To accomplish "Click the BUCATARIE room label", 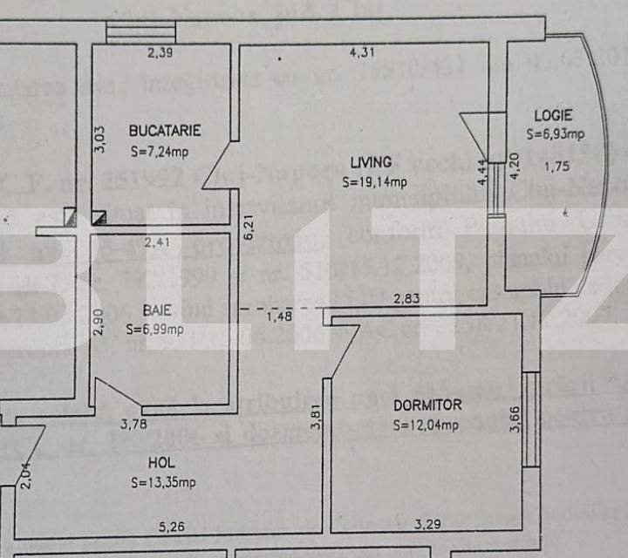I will [x=165, y=131].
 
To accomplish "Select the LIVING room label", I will [x=372, y=161].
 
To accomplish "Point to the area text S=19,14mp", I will [x=374, y=182].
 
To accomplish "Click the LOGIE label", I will [x=554, y=114].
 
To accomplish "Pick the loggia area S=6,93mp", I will [x=555, y=134].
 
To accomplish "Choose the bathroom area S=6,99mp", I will [x=155, y=329].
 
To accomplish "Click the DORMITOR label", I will [x=427, y=405].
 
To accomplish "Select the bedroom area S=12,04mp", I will [x=427, y=425].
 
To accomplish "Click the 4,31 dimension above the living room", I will [x=362, y=53].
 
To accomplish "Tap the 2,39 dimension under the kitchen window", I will [x=160, y=53].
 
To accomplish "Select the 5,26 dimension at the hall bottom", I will [x=171, y=526].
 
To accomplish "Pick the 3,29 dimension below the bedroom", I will [x=427, y=525].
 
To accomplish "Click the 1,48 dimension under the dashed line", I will [x=280, y=316].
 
